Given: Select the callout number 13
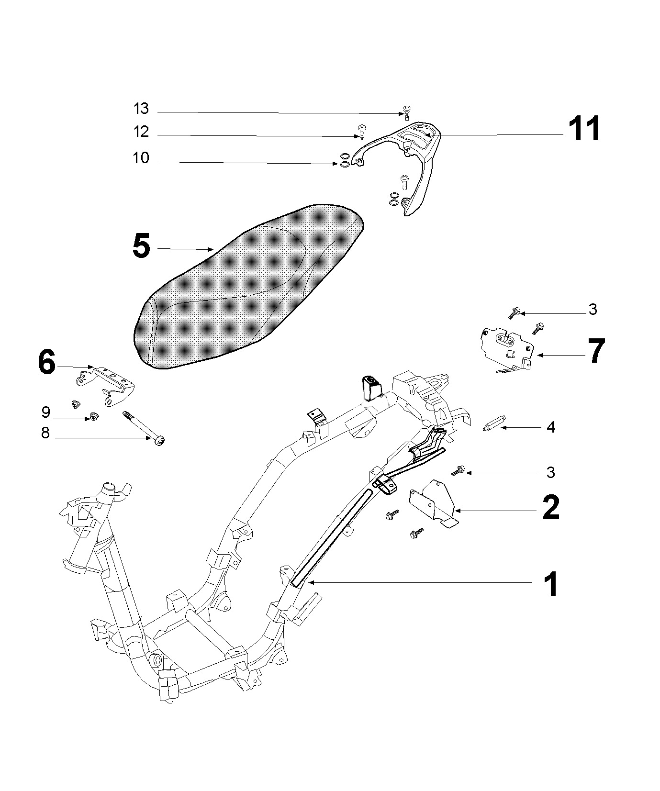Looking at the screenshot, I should [x=141, y=109].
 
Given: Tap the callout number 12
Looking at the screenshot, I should [x=141, y=132].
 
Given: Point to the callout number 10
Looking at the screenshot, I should [x=141, y=158].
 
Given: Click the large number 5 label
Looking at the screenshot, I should [x=141, y=246].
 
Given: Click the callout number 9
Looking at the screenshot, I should [x=46, y=412].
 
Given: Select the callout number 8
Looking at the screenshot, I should [x=45, y=434].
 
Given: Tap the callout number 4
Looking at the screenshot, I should [x=551, y=427].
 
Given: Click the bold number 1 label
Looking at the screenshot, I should [x=551, y=584].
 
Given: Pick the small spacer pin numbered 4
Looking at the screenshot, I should [x=491, y=425].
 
